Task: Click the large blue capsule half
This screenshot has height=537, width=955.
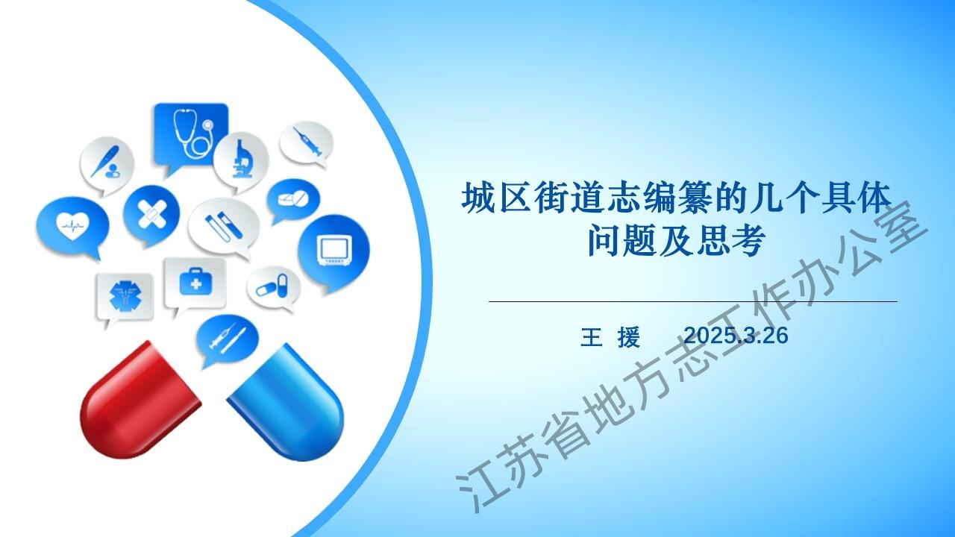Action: coord(286,403)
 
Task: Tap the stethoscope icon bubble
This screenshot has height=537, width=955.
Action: coord(191,136)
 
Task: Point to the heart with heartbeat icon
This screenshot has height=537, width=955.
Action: coord(72,226)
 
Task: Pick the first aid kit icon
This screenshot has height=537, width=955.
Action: coord(195,281)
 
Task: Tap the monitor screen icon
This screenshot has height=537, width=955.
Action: coord(335,250)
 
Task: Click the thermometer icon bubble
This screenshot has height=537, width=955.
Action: coord(107,166)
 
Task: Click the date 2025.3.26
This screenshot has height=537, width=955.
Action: coord(736,336)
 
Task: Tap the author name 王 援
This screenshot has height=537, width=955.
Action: coord(610,336)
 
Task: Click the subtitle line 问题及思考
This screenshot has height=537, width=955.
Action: coord(677,241)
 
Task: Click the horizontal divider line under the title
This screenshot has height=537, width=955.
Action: coord(693,301)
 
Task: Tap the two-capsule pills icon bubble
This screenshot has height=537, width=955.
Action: coord(273,288)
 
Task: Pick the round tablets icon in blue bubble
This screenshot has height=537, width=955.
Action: coord(293,201)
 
